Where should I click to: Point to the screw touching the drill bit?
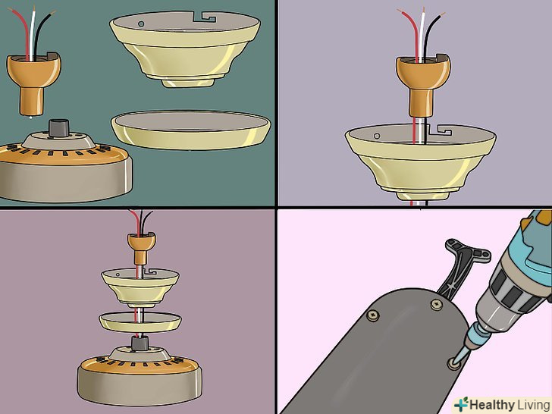click(453, 362)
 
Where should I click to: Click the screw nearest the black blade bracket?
click(437, 304)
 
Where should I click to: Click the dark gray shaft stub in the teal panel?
click(58, 127)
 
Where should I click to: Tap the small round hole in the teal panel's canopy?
click(141, 24)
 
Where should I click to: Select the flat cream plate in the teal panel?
click(191, 130)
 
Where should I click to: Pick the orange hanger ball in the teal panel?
click(33, 83)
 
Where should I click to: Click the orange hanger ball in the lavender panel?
click(423, 86)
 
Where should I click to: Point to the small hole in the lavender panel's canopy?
click(377, 136)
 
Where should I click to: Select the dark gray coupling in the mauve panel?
click(140, 343)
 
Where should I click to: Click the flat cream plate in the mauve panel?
click(140, 321)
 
